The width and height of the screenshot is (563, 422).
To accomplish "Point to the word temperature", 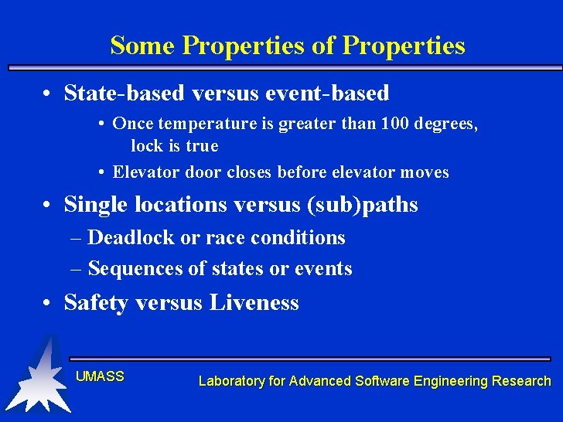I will click(x=200, y=124).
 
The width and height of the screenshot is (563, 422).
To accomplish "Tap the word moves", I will click(x=424, y=172).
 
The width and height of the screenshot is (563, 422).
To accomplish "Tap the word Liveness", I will click(x=254, y=303).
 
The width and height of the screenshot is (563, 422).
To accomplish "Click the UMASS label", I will click(x=100, y=376).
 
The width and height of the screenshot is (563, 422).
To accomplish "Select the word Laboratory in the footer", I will click(x=230, y=381).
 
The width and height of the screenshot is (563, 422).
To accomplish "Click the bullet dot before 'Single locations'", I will click(x=49, y=206).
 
